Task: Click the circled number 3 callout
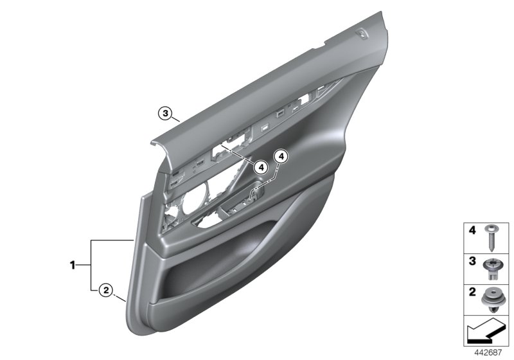pyautogui.click(x=166, y=114)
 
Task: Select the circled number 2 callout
pyautogui.click(x=106, y=290)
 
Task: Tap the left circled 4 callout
pyautogui.click(x=260, y=167)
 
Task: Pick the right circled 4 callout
pyautogui.click(x=281, y=156)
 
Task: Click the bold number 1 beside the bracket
pyautogui.click(x=73, y=264)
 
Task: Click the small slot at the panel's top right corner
pyautogui.click(x=364, y=36)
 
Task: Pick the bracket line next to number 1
pyautogui.click(x=92, y=264)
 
